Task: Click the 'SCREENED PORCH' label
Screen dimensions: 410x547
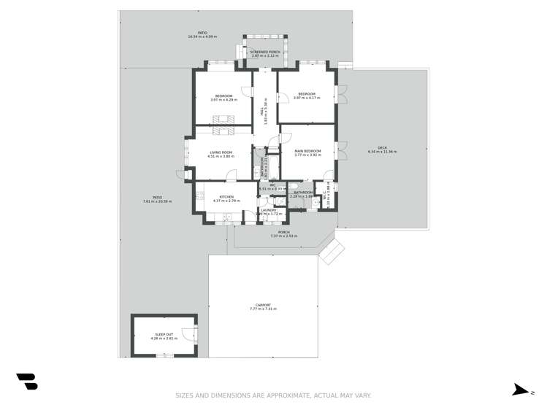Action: click(265, 52)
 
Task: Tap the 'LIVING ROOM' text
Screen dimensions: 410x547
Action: click(221, 152)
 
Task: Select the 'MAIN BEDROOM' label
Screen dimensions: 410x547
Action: click(307, 151)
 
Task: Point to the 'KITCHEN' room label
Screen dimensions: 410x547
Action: click(227, 197)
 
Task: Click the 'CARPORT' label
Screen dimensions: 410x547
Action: click(264, 305)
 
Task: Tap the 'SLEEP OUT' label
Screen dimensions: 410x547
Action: click(164, 334)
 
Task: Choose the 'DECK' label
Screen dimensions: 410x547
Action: click(383, 148)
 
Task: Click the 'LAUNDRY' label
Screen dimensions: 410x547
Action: click(269, 210)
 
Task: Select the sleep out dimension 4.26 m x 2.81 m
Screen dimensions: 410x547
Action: click(164, 339)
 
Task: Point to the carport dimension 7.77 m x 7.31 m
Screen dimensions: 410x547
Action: click(264, 309)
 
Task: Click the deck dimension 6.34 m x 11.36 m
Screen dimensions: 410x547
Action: click(383, 152)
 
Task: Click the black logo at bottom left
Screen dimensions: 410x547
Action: click(27, 381)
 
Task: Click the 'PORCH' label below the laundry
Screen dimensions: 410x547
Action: click(283, 232)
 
